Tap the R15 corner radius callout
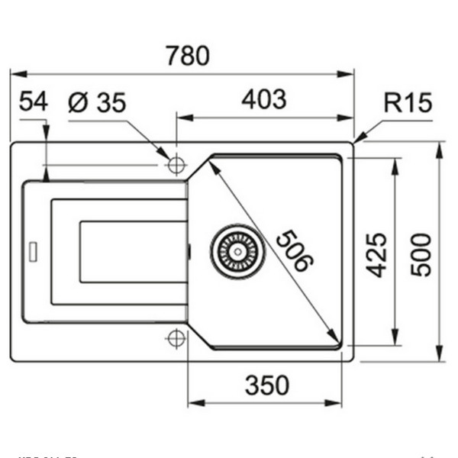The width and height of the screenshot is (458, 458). [x=408, y=102]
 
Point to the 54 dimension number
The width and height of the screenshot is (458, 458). [x=33, y=101]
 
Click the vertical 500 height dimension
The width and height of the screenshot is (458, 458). [x=421, y=254]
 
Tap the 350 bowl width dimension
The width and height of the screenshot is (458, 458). [x=267, y=385]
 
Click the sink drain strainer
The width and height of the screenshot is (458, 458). [x=239, y=250]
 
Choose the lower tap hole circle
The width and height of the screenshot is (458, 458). [x=177, y=337]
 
